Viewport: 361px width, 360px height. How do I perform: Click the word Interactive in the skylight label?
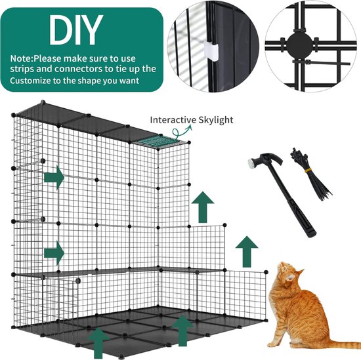[174, 120]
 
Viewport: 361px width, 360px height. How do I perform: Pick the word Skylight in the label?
[215, 120]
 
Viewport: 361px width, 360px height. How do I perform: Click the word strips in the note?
[22, 68]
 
